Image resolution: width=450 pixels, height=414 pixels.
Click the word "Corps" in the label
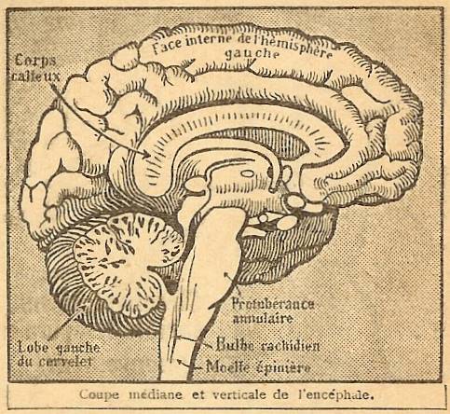click(x=35, y=61)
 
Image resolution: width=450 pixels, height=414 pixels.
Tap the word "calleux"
click(x=36, y=76)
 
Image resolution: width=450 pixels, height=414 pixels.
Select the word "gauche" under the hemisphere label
click(x=252, y=53)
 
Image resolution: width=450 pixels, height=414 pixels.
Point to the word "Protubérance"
click(x=273, y=304)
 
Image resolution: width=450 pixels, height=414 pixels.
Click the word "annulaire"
click(x=263, y=319)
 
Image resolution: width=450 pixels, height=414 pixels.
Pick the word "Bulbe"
click(x=235, y=344)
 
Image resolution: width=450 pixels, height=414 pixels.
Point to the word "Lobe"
click(x=33, y=347)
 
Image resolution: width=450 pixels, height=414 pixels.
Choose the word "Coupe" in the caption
click(x=99, y=395)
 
